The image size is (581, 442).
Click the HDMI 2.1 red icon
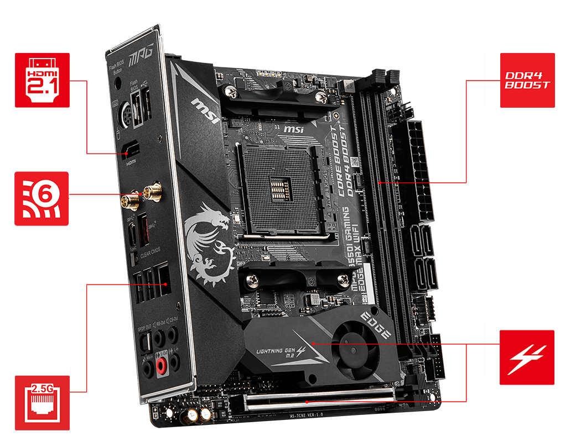click(x=42, y=80)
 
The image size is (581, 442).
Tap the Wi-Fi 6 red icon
click(x=42, y=198)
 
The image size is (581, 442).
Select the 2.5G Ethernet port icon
click(x=42, y=403)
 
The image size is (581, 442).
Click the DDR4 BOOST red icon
click(x=527, y=80)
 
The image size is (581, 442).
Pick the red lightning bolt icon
click(x=527, y=357)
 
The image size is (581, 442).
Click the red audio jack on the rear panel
click(x=162, y=365)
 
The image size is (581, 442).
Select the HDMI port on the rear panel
click(x=132, y=149)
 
